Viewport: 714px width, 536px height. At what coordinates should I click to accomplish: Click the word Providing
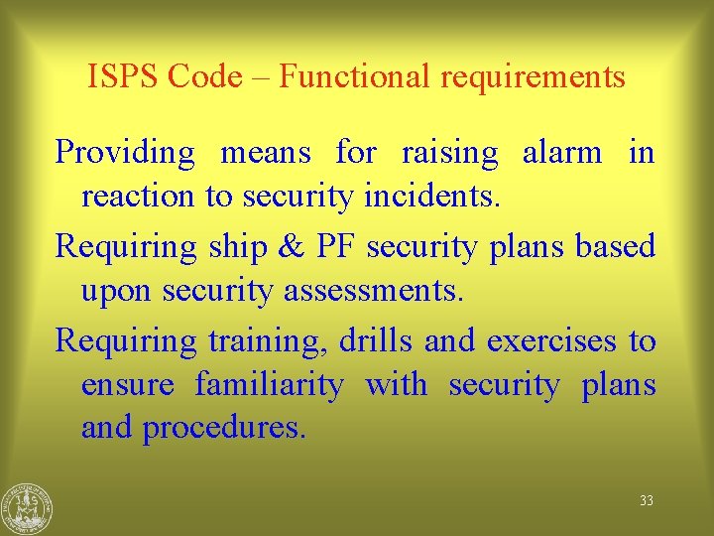coord(126,154)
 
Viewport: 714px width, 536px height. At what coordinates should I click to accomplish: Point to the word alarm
coord(561,153)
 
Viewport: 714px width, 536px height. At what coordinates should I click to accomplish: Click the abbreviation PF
coord(335,246)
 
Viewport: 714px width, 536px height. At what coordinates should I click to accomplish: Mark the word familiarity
coord(269,385)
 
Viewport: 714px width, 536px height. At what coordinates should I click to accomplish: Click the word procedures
coord(224,429)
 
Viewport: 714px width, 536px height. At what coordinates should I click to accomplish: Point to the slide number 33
coord(647,501)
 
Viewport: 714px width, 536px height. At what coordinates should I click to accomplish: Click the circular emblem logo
coord(27,508)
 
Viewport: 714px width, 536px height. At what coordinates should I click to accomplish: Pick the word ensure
coord(128,385)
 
